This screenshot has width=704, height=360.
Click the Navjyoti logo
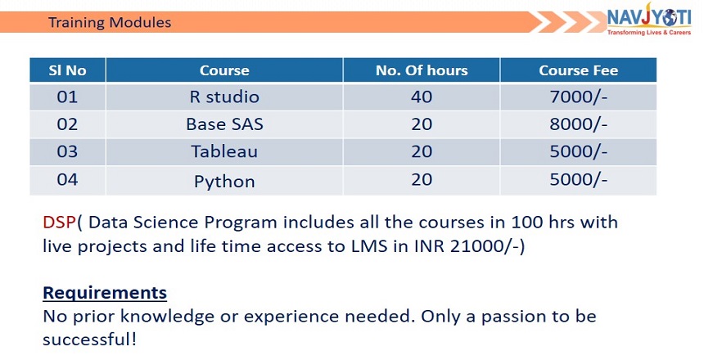click(x=649, y=19)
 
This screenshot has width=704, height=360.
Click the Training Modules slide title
click(x=110, y=22)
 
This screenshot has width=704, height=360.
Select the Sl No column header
click(x=67, y=70)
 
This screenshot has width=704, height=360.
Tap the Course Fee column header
click(x=578, y=70)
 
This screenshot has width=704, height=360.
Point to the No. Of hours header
click(x=422, y=70)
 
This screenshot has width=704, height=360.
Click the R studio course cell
click(x=224, y=97)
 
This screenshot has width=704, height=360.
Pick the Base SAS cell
click(x=224, y=124)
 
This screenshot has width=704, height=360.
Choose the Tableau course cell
click(x=224, y=151)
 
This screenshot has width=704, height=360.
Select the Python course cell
click(x=224, y=181)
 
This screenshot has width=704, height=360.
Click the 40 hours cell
click(x=422, y=97)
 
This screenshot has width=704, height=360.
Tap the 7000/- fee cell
click(x=578, y=97)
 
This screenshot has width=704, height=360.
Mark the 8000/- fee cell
click(x=578, y=124)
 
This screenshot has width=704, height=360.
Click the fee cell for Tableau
click(x=578, y=151)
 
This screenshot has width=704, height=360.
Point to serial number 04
click(x=67, y=179)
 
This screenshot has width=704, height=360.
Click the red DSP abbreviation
click(x=59, y=223)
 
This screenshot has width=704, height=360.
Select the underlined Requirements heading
click(x=105, y=294)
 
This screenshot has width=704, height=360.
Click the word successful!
click(x=89, y=339)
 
